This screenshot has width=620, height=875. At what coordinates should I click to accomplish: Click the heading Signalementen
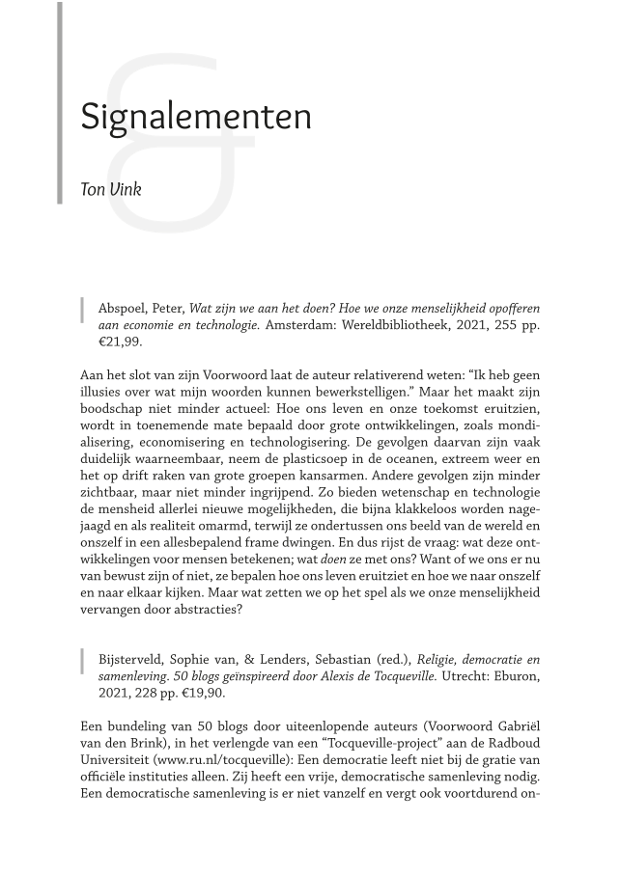pyautogui.click(x=196, y=117)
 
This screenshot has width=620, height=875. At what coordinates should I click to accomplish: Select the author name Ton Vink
pyautogui.click(x=111, y=189)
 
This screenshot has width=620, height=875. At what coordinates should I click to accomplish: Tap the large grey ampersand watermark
pyautogui.click(x=179, y=145)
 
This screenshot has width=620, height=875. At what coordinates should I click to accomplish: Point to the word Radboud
pyautogui.click(x=511, y=742)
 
